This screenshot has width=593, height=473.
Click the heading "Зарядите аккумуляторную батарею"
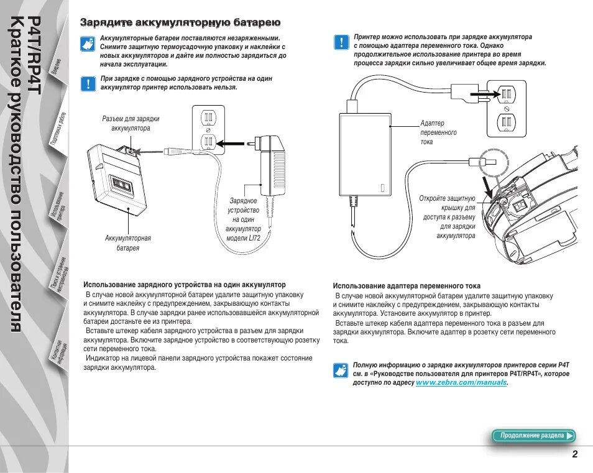pos(180,22)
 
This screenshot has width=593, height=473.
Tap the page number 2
pos(575,454)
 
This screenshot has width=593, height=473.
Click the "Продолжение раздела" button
pos(533,436)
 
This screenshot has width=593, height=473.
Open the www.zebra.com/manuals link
pos(461,383)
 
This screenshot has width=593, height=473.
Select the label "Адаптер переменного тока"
pos(438,132)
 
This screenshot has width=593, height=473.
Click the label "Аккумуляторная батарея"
pos(128,242)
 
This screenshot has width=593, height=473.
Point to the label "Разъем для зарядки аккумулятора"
pos(131,123)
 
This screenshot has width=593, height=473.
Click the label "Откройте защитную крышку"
pos(447,217)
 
